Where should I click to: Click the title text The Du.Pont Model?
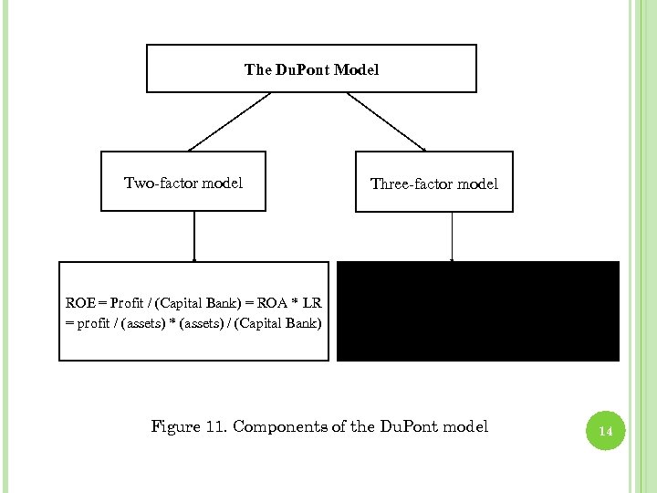tap(311, 69)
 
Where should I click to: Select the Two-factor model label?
tap(183, 184)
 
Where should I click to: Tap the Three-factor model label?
tap(434, 184)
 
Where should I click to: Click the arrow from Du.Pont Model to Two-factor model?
tap(229, 121)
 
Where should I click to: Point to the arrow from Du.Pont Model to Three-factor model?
tap(387, 121)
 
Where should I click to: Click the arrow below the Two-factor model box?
tap(194, 236)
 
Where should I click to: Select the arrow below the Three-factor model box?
tap(453, 236)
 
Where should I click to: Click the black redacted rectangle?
tap(478, 311)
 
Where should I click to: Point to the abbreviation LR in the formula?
tap(321, 302)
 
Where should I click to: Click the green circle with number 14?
tap(604, 430)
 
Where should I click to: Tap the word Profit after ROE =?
tap(124, 302)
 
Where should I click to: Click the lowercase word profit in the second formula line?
tap(93, 322)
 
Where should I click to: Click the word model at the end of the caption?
tap(466, 426)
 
